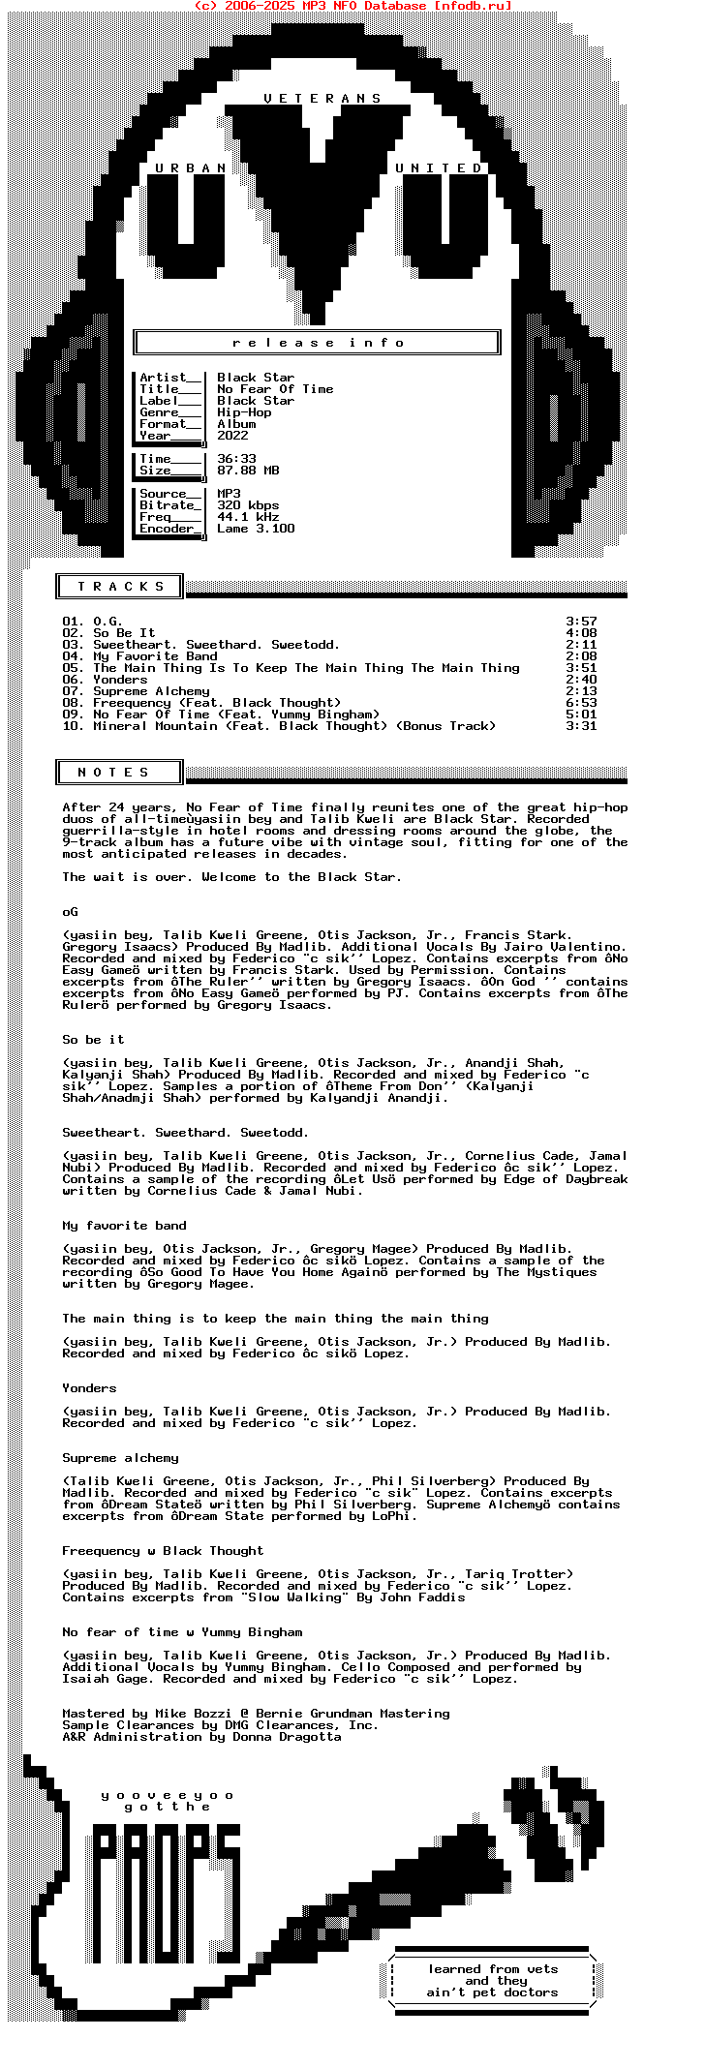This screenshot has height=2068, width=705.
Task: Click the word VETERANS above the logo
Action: click(322, 99)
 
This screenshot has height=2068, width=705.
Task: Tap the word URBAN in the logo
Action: click(191, 168)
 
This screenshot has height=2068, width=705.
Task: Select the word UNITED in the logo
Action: click(439, 168)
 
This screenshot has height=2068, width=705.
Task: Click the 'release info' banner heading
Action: click(318, 343)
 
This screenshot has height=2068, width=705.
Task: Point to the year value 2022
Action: click(232, 436)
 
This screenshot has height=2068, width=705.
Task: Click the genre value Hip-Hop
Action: click(244, 412)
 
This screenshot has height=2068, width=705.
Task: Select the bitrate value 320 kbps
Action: click(248, 505)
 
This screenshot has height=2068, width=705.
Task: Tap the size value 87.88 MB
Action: click(248, 471)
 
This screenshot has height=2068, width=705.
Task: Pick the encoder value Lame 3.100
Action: click(256, 529)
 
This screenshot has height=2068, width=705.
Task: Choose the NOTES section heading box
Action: click(117, 773)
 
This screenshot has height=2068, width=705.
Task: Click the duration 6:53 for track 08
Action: click(581, 703)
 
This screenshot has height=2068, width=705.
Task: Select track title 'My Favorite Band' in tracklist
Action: click(155, 656)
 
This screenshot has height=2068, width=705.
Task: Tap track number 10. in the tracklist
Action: click(74, 726)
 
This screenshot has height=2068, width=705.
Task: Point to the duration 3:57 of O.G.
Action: click(581, 622)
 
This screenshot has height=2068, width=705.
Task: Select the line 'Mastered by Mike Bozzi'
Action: click(256, 1714)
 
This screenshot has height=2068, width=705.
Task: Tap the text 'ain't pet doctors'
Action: click(492, 1992)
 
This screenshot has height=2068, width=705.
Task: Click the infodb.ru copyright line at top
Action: click(352, 6)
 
